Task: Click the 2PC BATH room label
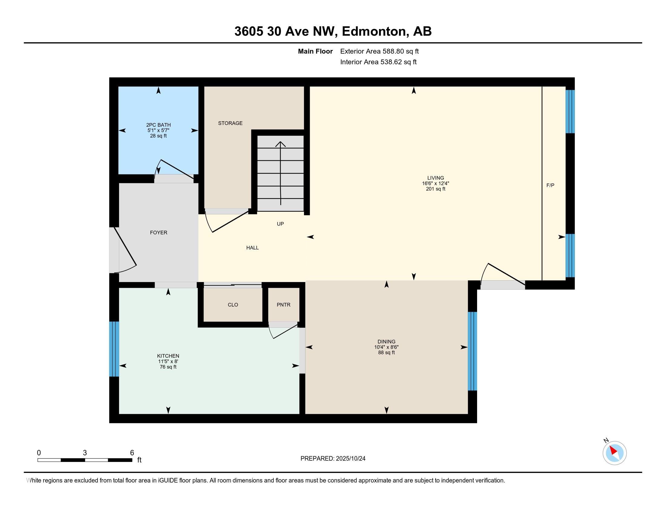158,125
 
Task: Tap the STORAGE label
230,123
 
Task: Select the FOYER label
159,232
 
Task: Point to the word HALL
252,248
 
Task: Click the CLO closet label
233,304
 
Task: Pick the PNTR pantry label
284,304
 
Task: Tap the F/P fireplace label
550,185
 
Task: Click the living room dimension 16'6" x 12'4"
435,183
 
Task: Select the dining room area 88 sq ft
386,352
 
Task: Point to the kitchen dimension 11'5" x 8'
168,361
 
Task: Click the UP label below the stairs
280,224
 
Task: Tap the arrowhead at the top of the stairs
281,144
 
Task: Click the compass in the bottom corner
615,453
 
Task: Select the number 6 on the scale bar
132,453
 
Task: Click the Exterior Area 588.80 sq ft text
379,51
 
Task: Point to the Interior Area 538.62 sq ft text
378,62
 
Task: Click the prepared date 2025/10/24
350,458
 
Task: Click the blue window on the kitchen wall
114,349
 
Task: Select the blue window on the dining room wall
472,351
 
